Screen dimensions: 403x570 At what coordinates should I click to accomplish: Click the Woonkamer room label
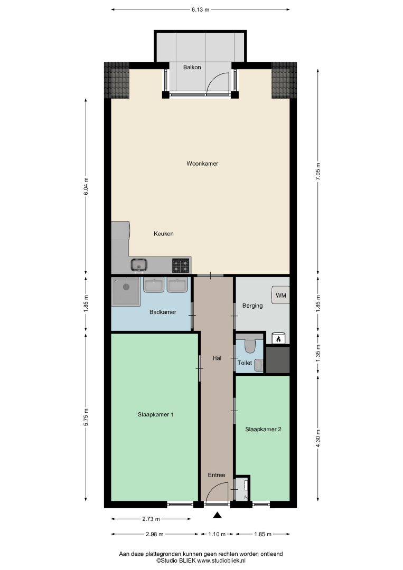click(x=202, y=164)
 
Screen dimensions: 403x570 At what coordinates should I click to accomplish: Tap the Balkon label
click(x=192, y=67)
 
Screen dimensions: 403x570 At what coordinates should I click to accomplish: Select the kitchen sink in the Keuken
click(x=139, y=264)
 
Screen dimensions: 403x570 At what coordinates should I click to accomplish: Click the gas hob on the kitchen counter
click(x=181, y=265)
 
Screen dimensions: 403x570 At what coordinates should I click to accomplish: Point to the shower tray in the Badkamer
click(x=126, y=291)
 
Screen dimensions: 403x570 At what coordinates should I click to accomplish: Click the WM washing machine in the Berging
click(x=280, y=295)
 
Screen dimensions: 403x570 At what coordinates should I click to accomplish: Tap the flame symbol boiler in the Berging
click(x=278, y=339)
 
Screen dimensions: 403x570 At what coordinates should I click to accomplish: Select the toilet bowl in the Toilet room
click(x=249, y=346)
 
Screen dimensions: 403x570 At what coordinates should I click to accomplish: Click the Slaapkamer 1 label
click(x=156, y=414)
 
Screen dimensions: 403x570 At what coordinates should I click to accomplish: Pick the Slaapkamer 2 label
click(x=264, y=429)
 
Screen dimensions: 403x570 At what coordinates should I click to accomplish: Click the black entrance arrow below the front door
click(x=217, y=515)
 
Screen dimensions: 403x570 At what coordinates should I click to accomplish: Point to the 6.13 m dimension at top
click(x=200, y=10)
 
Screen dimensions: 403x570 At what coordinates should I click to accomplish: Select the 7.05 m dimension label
click(x=318, y=171)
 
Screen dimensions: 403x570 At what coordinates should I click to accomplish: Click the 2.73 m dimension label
click(x=151, y=519)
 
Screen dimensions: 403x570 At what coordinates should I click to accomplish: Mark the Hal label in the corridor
click(x=217, y=358)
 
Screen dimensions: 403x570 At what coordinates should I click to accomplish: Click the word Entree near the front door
click(x=217, y=475)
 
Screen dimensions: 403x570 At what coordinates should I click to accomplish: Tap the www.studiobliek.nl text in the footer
click(x=221, y=561)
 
